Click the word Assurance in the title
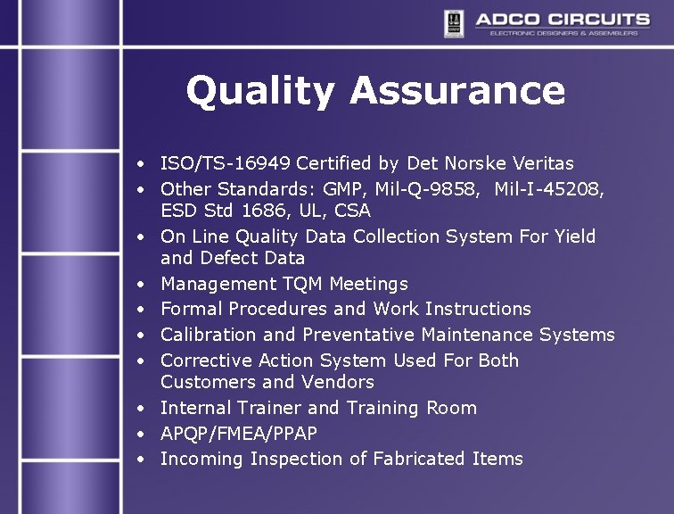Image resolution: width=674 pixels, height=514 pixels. pyautogui.click(x=456, y=90)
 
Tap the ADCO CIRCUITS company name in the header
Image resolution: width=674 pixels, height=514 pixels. pyautogui.click(x=561, y=19)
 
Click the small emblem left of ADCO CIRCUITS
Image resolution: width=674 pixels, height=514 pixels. pyautogui.click(x=454, y=23)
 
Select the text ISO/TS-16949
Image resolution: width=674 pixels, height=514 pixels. pyautogui.click(x=226, y=163)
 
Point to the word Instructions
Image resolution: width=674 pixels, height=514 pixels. pyautogui.click(x=478, y=309)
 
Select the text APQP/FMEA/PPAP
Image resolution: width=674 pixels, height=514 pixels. pyautogui.click(x=239, y=434)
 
